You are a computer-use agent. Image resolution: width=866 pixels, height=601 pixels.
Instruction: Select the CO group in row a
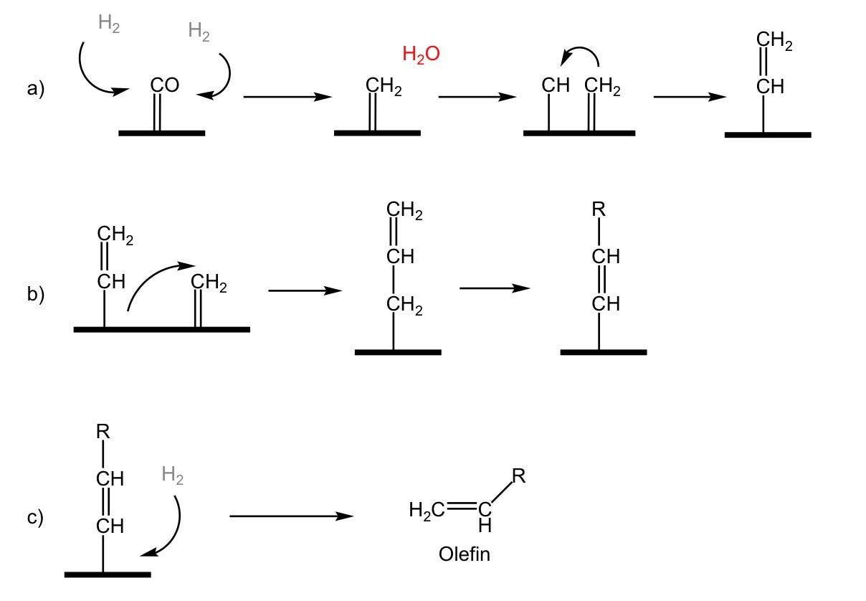(x=164, y=85)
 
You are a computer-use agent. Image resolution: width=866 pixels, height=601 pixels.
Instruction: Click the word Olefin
(x=465, y=554)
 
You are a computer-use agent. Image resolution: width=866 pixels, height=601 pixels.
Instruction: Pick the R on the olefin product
(x=519, y=476)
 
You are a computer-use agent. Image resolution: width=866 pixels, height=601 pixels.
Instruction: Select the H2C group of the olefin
(x=424, y=511)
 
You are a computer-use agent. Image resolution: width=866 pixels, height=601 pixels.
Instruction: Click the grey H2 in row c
(x=173, y=475)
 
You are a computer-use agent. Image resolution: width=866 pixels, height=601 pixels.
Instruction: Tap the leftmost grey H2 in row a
(x=109, y=24)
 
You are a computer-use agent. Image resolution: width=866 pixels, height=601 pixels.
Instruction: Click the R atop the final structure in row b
(x=599, y=209)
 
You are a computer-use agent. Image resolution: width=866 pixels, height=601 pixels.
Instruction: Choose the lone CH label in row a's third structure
(x=556, y=86)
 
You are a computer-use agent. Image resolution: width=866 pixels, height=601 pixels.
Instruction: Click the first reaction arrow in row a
(x=282, y=97)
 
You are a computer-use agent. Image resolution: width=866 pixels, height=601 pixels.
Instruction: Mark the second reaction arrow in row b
(x=495, y=288)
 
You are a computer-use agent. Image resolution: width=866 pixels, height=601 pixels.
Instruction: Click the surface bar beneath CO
(x=162, y=133)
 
